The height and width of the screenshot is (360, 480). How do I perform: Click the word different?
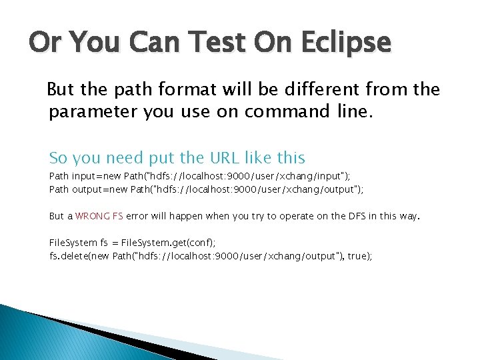pyautogui.click(x=324, y=89)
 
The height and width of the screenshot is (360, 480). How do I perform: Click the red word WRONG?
pyautogui.click(x=89, y=216)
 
